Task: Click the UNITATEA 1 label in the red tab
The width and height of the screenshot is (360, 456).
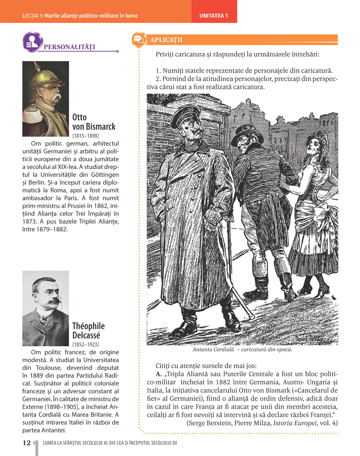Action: coord(214,16)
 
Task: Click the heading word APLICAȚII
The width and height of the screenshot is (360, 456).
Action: coord(166,40)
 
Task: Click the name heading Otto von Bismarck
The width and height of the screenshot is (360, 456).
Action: coord(94,122)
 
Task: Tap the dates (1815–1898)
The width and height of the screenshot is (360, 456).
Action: coord(86,136)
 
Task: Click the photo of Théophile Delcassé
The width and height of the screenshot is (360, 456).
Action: coord(45,308)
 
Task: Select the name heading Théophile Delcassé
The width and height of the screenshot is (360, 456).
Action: coord(89,331)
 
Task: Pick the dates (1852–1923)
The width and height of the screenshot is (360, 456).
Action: coord(86,345)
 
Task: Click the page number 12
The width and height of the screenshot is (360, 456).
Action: coord(27,443)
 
